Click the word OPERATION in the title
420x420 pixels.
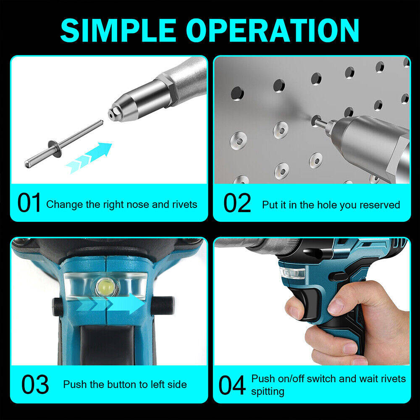point(273,30)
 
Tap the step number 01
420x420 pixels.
point(29,203)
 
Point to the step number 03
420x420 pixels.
point(35,385)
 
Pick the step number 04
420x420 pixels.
point(232,385)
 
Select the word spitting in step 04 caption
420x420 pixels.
point(268,391)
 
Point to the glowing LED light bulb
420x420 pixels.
point(105,287)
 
